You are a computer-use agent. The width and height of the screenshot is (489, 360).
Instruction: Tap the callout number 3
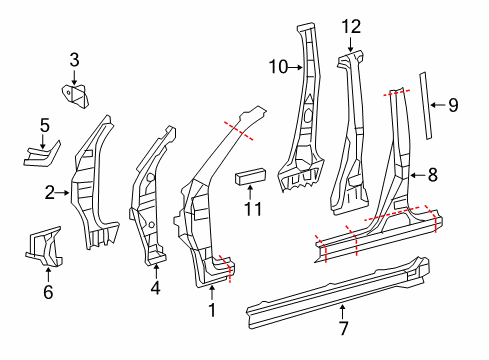pos(73,62)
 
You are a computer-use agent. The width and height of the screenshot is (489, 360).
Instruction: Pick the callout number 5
pos(44,125)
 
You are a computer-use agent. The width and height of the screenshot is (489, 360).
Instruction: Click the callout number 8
pos(432,174)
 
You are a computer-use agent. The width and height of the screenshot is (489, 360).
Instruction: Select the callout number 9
pos(452,104)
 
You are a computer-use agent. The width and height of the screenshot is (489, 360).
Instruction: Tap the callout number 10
pos(277,67)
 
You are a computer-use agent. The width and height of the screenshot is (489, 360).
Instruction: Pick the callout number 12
pos(349,27)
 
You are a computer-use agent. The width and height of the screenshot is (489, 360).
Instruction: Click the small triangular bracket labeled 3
pos(75,96)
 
